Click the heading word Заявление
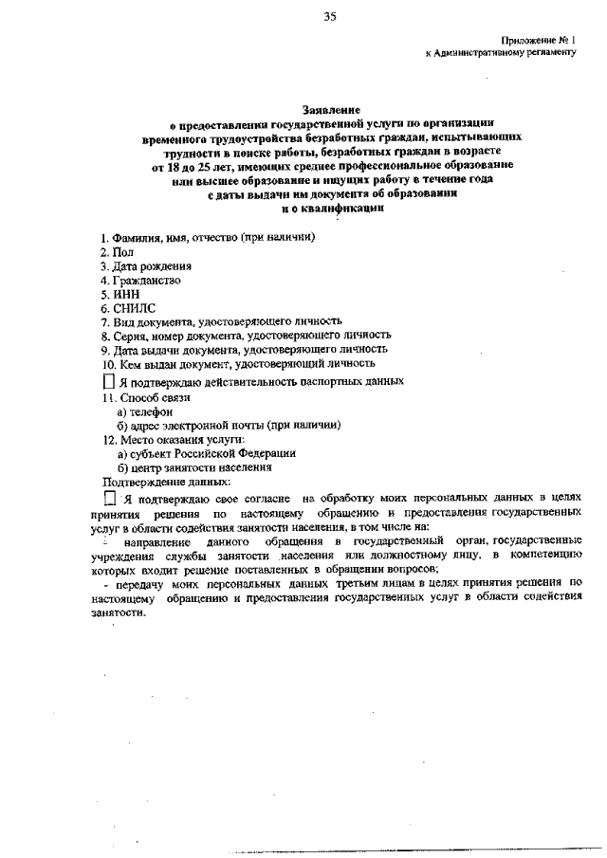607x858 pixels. (332, 110)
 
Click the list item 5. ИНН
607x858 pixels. (120, 294)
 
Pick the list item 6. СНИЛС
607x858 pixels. (127, 308)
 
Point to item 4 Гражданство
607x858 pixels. (140, 281)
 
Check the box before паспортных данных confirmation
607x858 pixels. (108, 381)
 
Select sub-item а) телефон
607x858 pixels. (144, 411)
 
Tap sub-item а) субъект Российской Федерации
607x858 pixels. (206, 453)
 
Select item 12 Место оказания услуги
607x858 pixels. (174, 439)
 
